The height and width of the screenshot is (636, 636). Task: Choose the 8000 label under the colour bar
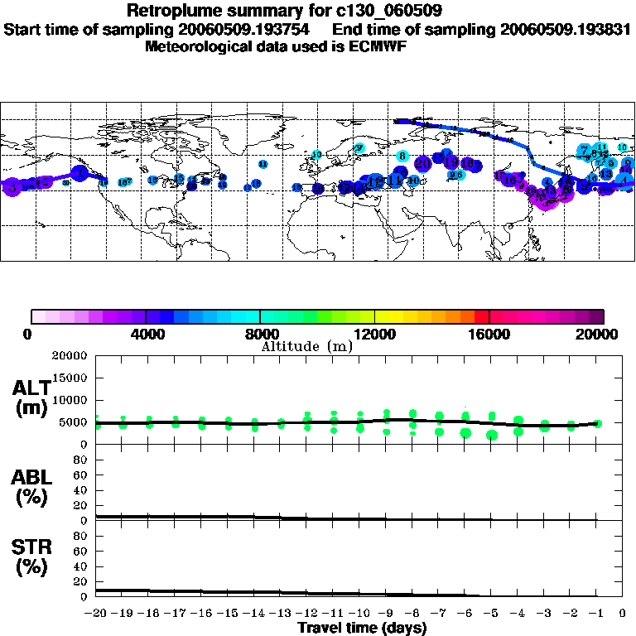260,335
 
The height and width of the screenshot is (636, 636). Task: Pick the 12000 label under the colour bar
374,335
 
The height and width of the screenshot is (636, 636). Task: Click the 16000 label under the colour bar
489,335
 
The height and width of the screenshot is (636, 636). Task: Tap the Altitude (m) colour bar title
306,345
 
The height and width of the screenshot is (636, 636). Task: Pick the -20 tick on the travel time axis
97,614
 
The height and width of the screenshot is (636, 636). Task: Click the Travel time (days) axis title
362,629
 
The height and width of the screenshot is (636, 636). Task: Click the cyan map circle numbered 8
402,155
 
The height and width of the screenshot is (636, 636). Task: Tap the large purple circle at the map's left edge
12,187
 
